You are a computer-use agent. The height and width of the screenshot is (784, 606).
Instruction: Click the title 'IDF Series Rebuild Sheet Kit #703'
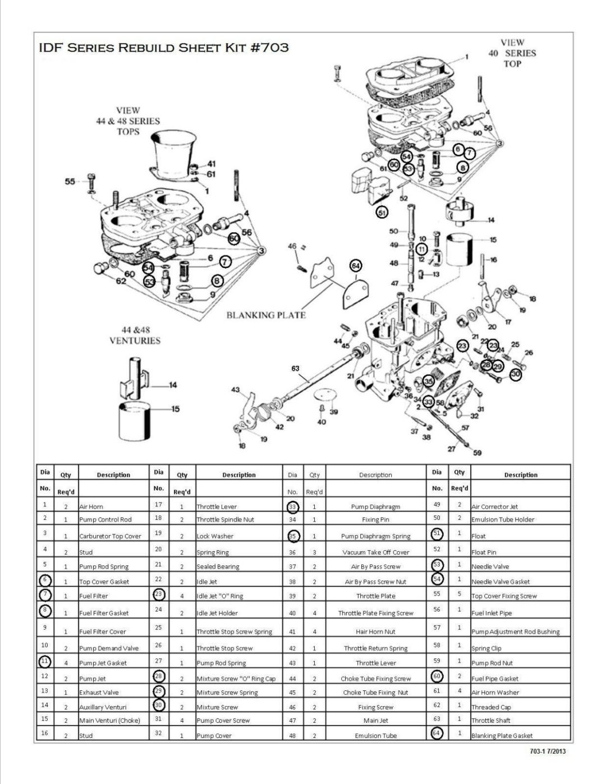(x=163, y=48)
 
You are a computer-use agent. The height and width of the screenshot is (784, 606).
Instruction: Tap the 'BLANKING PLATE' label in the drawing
(x=266, y=315)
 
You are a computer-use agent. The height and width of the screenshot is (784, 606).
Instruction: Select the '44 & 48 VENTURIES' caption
(x=135, y=335)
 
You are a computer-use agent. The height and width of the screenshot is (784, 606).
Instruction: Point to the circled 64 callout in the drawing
(x=356, y=265)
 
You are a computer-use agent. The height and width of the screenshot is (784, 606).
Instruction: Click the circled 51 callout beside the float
(x=382, y=213)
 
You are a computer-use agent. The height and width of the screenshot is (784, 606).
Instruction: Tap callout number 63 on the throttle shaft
(x=295, y=368)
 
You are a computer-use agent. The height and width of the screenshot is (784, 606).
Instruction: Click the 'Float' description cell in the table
(x=479, y=536)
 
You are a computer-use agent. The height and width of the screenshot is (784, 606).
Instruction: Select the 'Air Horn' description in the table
(x=91, y=506)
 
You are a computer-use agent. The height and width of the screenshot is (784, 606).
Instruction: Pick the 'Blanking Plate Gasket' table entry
(x=502, y=735)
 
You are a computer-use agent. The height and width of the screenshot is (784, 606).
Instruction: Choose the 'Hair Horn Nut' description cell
(x=375, y=631)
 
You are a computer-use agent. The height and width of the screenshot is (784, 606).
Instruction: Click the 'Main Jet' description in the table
(x=375, y=721)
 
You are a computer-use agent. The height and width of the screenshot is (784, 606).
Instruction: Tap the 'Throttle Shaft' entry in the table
(x=491, y=721)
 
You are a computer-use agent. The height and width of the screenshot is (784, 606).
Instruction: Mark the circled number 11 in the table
(x=45, y=661)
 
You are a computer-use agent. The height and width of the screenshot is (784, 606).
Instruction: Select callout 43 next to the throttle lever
(x=235, y=390)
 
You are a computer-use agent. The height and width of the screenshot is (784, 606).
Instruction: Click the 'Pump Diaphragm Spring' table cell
(x=375, y=536)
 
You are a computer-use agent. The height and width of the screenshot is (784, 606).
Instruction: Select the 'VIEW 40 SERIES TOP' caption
(x=512, y=53)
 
